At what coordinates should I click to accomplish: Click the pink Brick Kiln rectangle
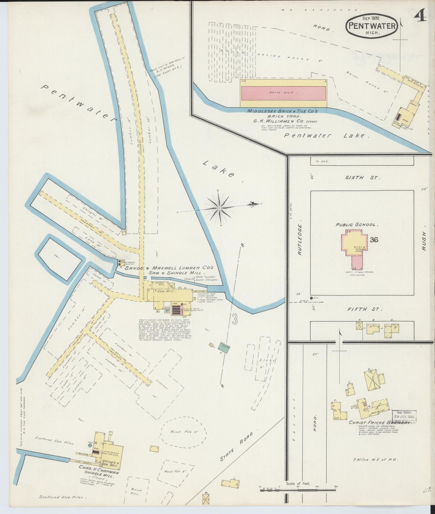[x=283, y=93]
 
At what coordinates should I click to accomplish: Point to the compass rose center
[x=220, y=208]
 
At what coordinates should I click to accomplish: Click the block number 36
[x=374, y=240]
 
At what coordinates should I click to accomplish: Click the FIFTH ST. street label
[x=365, y=309]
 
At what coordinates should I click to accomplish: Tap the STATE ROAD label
[x=238, y=450]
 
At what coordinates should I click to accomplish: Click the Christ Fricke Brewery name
[x=379, y=423]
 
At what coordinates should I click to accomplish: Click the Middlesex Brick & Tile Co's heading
[x=282, y=111]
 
